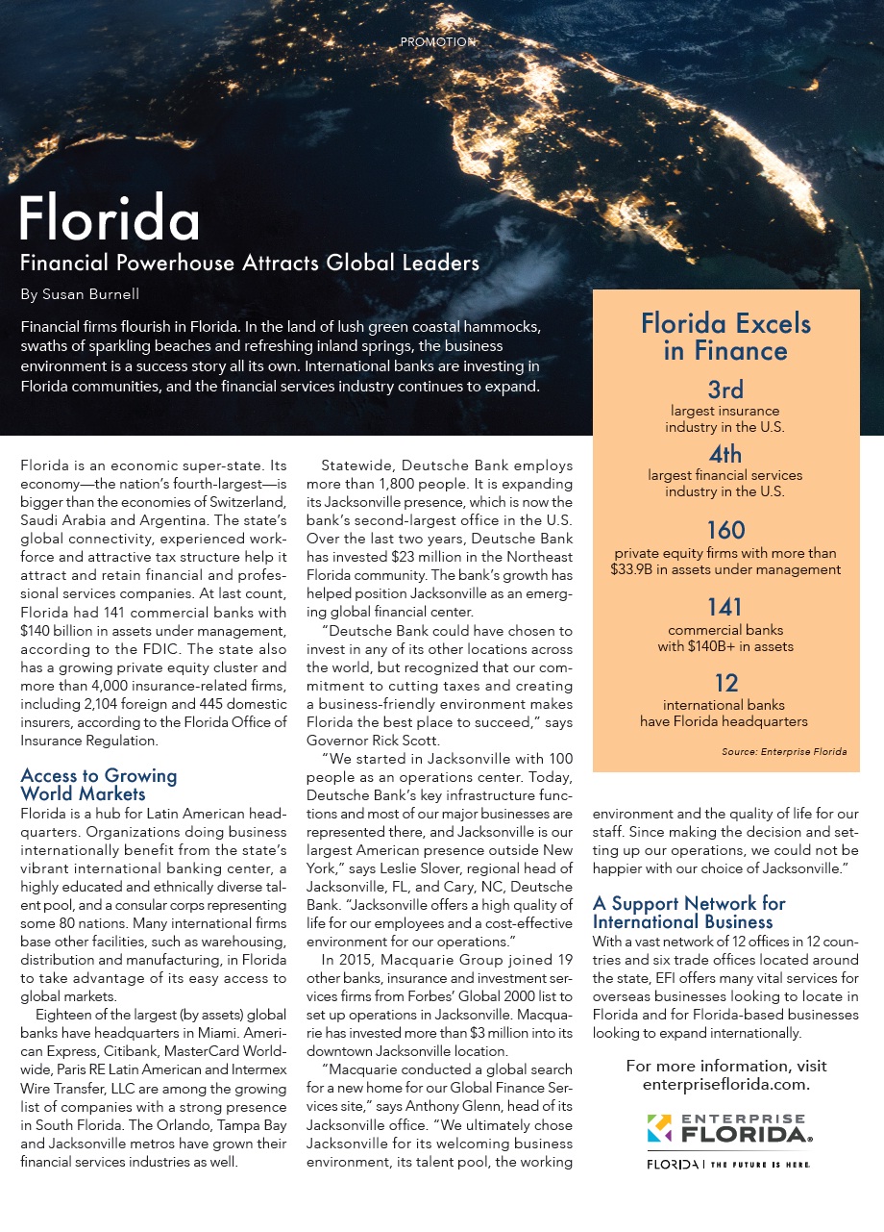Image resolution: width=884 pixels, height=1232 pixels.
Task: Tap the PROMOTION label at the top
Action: click(438, 42)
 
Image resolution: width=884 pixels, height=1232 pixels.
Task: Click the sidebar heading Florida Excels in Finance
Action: click(725, 337)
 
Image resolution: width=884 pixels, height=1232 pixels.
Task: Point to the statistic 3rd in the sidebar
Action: click(725, 390)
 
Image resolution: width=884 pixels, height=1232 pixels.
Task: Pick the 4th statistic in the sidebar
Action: click(725, 453)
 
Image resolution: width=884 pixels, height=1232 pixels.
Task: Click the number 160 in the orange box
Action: click(725, 530)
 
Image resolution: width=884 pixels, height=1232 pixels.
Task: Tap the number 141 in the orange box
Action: click(725, 608)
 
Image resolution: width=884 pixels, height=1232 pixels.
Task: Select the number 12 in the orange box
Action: click(725, 683)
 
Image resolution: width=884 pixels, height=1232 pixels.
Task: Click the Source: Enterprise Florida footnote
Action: click(784, 751)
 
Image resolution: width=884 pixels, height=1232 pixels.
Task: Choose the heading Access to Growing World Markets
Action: click(99, 784)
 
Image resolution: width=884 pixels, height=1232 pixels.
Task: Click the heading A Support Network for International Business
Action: click(688, 913)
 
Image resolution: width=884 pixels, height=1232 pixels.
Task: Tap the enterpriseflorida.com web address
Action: click(725, 1084)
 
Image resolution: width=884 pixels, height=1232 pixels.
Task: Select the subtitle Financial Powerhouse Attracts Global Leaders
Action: click(250, 263)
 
